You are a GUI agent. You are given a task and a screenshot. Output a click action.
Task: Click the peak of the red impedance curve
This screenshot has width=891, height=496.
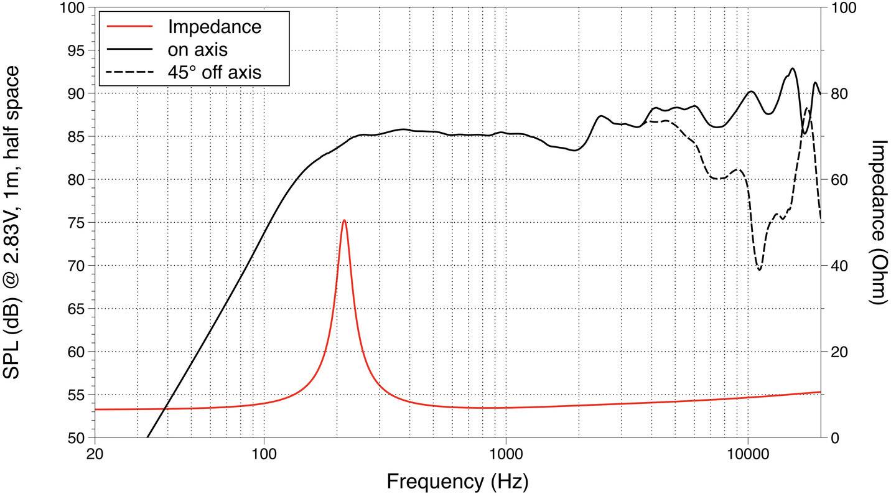(344, 220)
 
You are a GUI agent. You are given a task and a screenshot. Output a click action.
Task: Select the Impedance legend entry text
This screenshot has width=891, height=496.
(214, 27)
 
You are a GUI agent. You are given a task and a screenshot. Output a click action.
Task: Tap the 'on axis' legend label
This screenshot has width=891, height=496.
(197, 49)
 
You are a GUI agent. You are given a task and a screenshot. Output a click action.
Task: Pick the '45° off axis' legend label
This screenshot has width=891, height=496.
(214, 72)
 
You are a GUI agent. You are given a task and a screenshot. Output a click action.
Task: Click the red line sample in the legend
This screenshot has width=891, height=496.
(129, 27)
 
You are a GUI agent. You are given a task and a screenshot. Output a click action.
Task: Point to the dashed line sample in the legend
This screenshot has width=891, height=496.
(129, 72)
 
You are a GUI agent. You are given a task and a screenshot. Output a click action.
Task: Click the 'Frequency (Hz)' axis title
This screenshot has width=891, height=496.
(457, 481)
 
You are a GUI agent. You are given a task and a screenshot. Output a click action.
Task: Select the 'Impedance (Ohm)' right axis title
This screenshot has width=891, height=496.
(878, 222)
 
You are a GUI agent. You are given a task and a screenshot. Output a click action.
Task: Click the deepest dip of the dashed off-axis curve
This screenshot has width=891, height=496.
(760, 269)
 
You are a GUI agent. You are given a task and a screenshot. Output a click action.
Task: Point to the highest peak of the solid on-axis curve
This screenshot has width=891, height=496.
(792, 68)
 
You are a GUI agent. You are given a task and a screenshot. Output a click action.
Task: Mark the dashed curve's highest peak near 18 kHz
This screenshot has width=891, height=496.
(807, 108)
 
